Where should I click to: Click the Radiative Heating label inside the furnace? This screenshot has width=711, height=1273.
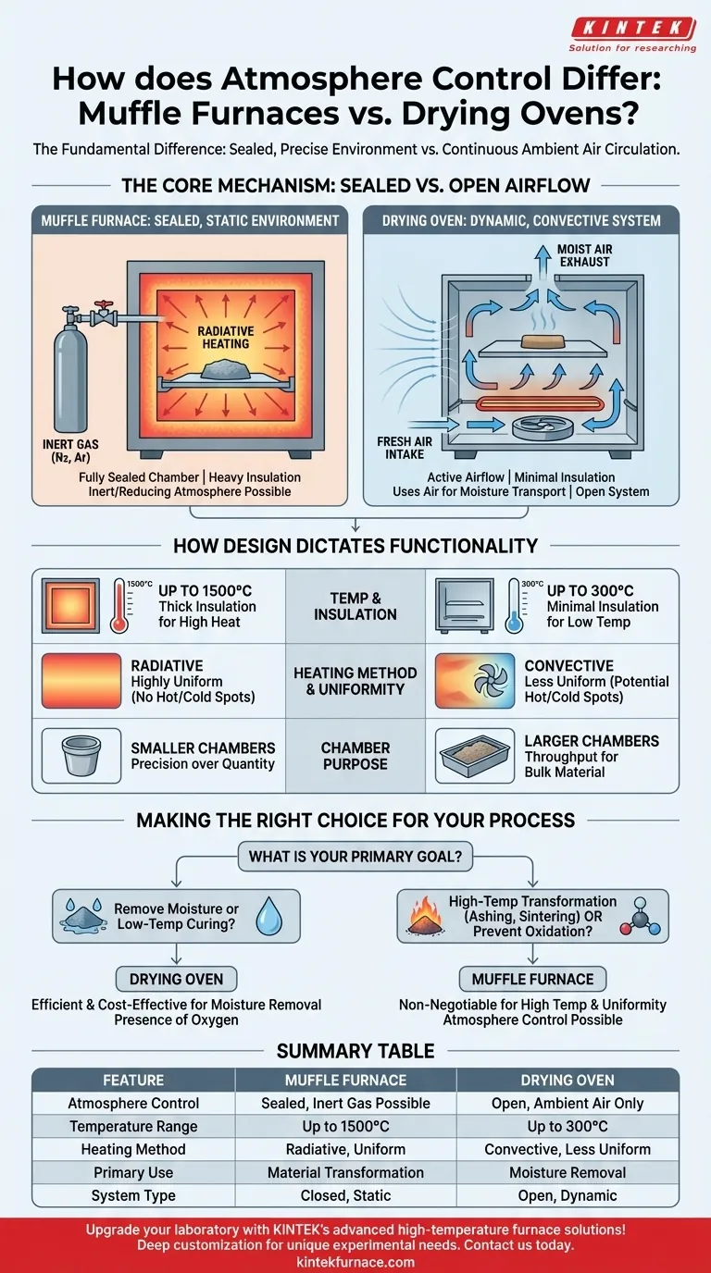coord(226,338)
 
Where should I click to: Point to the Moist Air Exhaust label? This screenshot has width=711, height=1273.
coord(584,255)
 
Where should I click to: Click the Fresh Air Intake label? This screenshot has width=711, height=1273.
coord(405,448)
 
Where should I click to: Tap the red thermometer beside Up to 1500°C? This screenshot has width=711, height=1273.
coord(119,606)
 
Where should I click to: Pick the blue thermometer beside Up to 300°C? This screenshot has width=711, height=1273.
coord(514,606)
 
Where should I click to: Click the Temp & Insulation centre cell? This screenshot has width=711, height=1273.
coord(355,606)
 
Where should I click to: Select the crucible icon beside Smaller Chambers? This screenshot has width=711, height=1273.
coord(81,755)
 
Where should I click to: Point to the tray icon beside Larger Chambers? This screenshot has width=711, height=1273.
coord(475,755)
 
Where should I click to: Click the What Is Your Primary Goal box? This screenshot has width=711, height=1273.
coord(355,857)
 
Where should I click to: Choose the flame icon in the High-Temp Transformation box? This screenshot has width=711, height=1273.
coord(425,916)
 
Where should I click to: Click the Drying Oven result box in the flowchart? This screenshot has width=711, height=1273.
coord(176,979)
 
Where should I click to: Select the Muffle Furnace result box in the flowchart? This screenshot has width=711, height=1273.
coord(533,979)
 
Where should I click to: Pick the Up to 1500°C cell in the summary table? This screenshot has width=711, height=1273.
coord(346,1126)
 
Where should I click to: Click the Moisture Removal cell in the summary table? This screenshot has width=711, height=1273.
coord(568,1172)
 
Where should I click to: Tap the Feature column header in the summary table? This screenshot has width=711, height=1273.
coord(133,1080)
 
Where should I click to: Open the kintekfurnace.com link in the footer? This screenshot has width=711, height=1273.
coord(355,1262)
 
